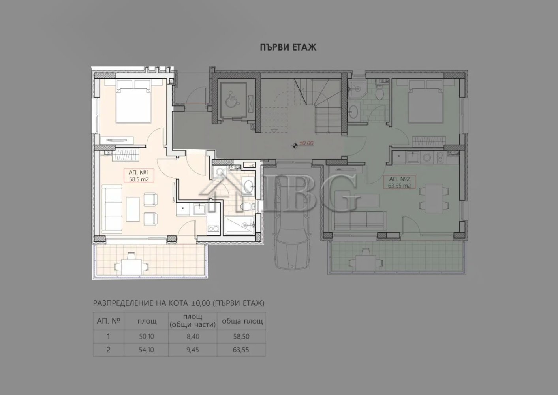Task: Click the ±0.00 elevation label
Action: click(306, 143)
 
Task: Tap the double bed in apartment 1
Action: click(133, 103)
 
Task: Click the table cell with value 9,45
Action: click(192, 350)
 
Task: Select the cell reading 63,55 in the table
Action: click(241, 350)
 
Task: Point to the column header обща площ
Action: click(242, 321)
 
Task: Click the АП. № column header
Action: click(109, 321)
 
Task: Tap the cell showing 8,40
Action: click(192, 337)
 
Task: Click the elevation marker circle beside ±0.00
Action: click(294, 145)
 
